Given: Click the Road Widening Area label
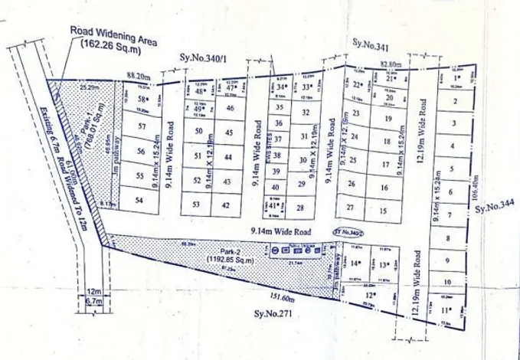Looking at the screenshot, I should click(113, 36).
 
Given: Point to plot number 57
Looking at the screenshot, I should click(141, 126).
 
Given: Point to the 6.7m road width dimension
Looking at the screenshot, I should click(93, 302).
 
